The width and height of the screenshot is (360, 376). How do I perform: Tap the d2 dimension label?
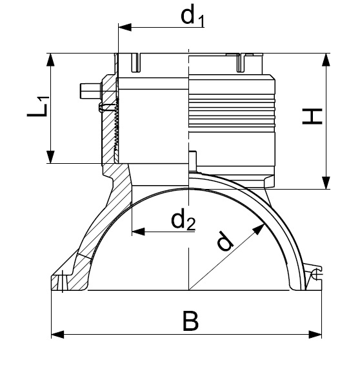pyautogui.click(x=183, y=220)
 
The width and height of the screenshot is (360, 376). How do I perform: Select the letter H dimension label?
pyautogui.click(x=312, y=117)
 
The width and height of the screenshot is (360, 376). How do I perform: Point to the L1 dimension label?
pyautogui.click(x=38, y=106)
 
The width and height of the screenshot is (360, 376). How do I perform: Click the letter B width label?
pyautogui.click(x=190, y=321)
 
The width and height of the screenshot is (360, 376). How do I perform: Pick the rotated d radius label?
pyautogui.click(x=225, y=241)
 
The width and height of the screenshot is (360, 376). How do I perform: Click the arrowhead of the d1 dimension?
pyautogui.click(x=125, y=27)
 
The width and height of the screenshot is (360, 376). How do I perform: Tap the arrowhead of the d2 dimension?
pyautogui.click(x=139, y=232)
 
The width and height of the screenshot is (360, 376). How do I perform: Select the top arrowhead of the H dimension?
pyautogui.click(x=326, y=59)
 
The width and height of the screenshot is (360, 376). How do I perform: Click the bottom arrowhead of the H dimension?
pyautogui.click(x=326, y=183)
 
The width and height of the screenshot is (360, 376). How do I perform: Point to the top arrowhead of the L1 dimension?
pyautogui.click(x=50, y=59)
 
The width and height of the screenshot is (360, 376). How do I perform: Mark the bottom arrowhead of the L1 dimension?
pyautogui.click(x=50, y=157)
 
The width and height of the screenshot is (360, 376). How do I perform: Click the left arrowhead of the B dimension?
pyautogui.click(x=57, y=335)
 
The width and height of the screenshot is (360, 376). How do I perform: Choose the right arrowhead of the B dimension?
pyautogui.click(x=315, y=335)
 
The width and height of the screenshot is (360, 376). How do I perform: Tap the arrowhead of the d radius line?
pyautogui.click(x=259, y=229)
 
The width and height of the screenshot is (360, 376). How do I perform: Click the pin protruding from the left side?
pyautogui.click(x=90, y=91)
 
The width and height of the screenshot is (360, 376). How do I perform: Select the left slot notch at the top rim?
pyautogui.click(x=136, y=63)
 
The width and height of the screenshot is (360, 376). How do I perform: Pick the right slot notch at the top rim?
pyautogui.click(x=241, y=63)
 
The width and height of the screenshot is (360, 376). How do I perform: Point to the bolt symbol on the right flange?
pyautogui.click(x=316, y=274)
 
